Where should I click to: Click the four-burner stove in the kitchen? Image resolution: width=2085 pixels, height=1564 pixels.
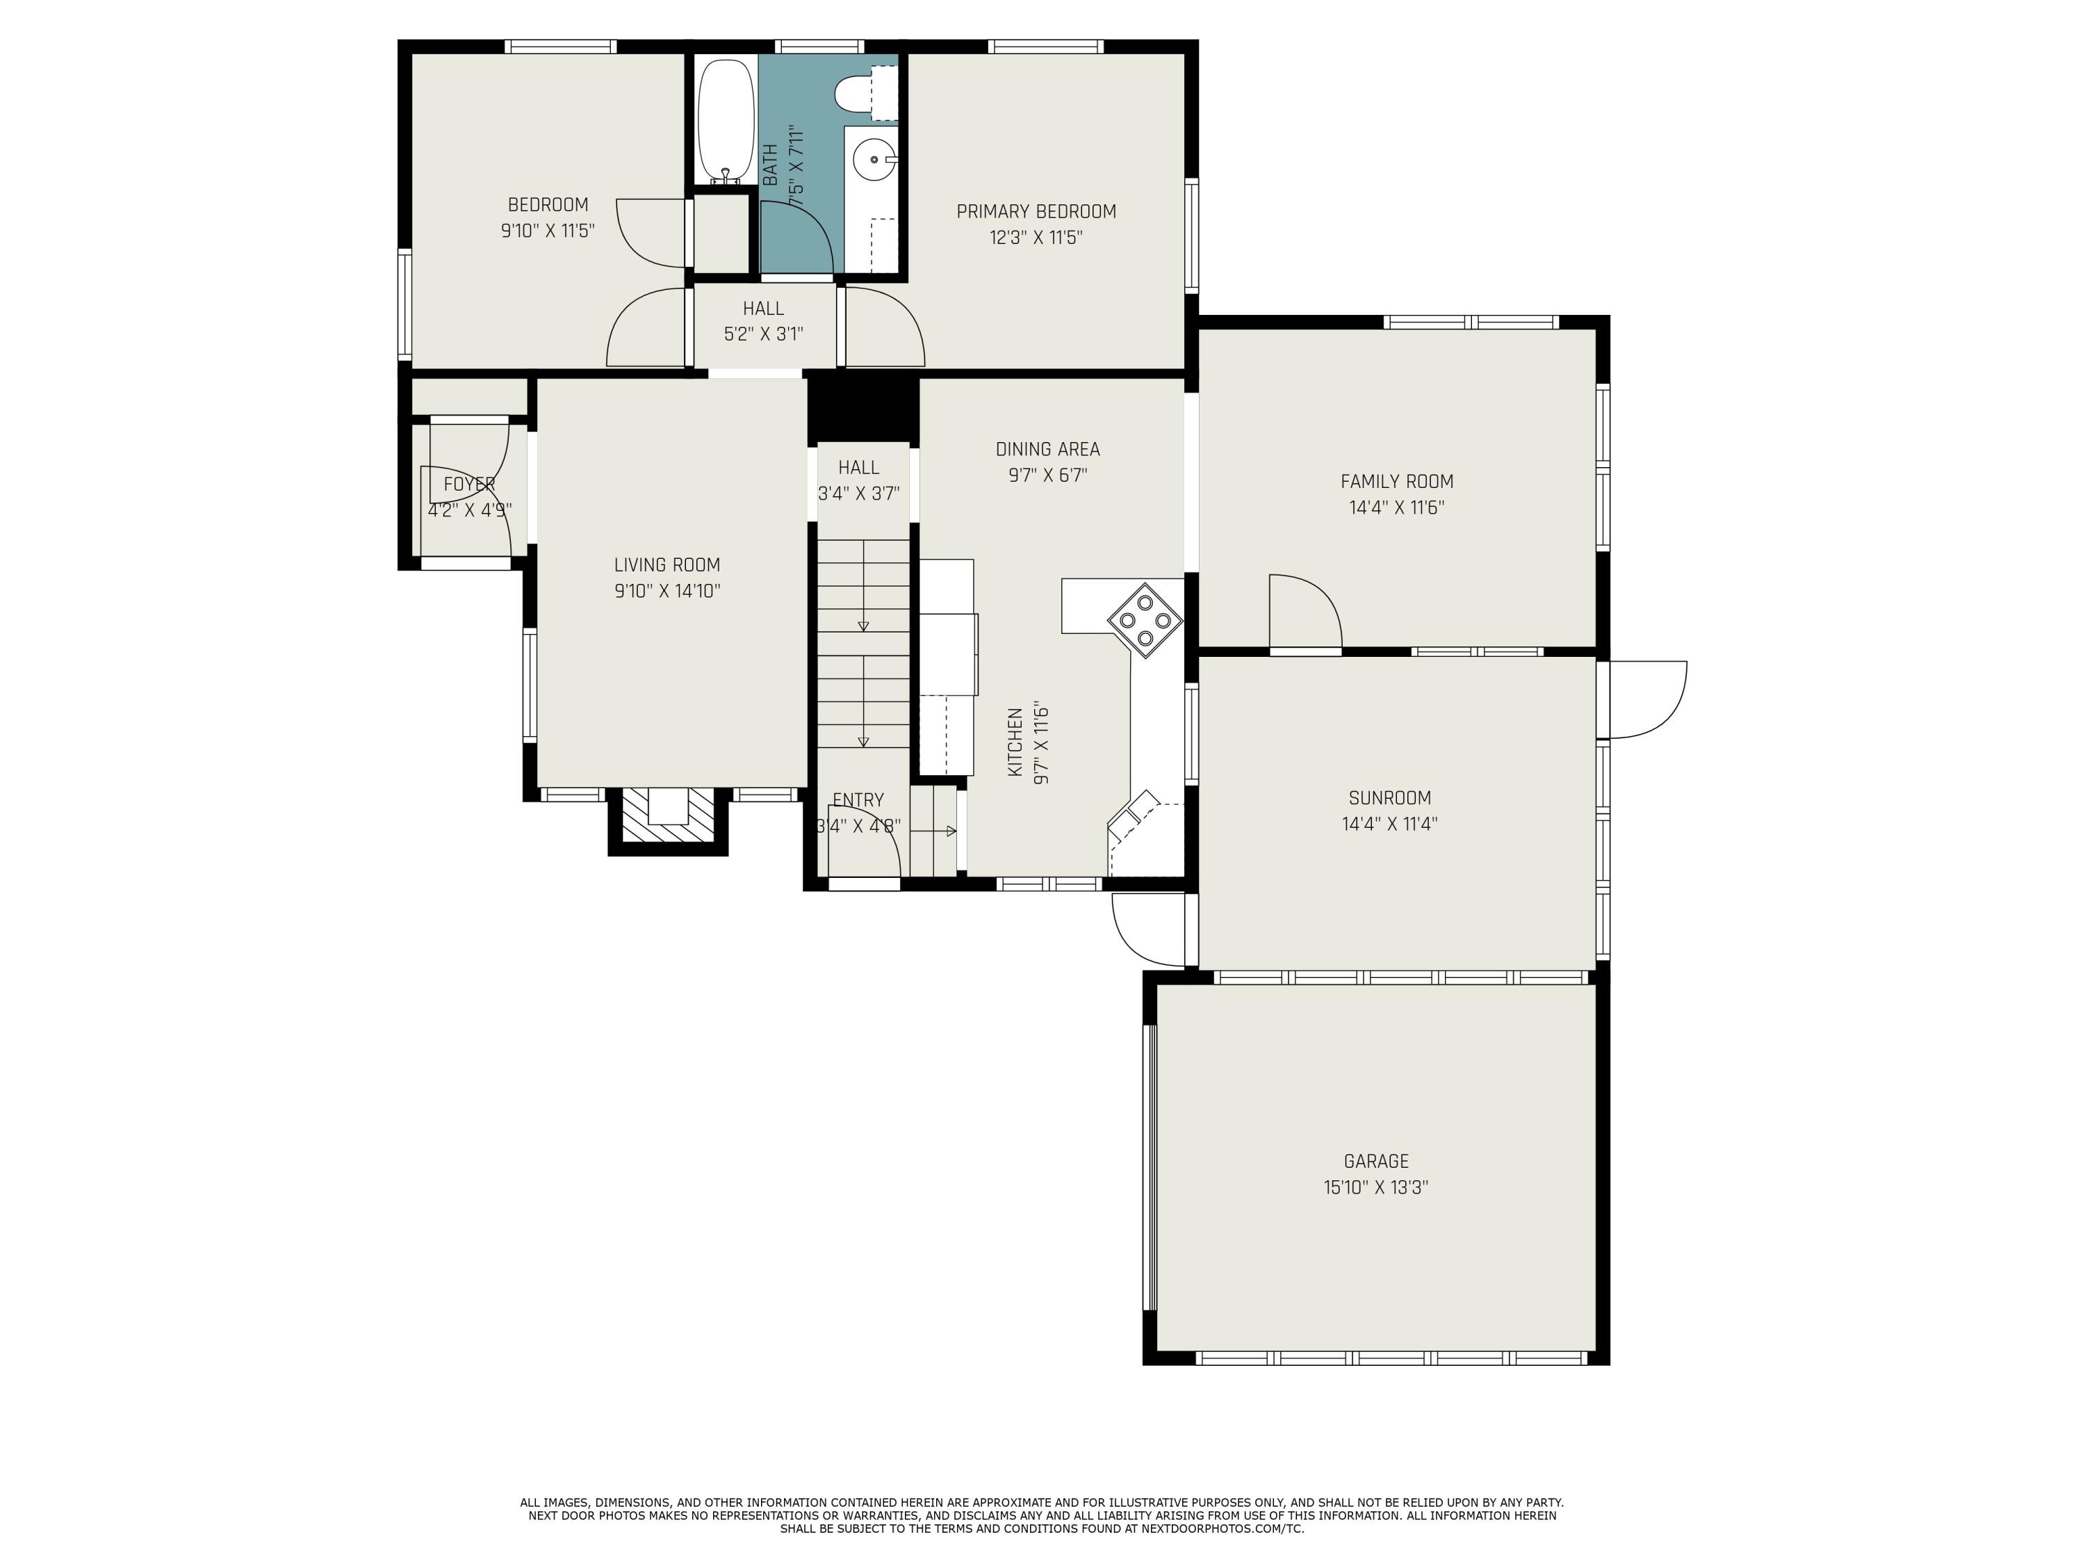click(1144, 619)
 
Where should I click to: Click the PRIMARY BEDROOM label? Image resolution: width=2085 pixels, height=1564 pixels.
click(1036, 211)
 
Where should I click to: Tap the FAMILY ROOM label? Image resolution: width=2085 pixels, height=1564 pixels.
click(1397, 481)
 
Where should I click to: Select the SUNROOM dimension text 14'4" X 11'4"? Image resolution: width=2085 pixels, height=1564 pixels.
click(1389, 824)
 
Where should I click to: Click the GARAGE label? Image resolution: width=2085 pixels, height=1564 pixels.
click(1376, 1162)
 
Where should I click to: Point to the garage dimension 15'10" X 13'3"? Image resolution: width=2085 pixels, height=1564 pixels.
click(1376, 1188)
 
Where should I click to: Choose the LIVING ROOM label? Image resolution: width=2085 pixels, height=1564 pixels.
click(667, 564)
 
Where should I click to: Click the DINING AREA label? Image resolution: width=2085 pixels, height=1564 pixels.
click(1047, 449)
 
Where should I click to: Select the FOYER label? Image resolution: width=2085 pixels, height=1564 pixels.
click(469, 484)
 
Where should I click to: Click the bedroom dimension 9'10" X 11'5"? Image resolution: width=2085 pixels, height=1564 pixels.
click(548, 231)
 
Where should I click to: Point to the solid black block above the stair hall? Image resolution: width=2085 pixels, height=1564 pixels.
click(862, 410)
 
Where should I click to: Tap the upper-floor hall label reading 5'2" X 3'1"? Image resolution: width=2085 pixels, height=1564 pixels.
click(764, 334)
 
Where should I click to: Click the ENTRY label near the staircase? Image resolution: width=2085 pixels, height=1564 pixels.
click(858, 799)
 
